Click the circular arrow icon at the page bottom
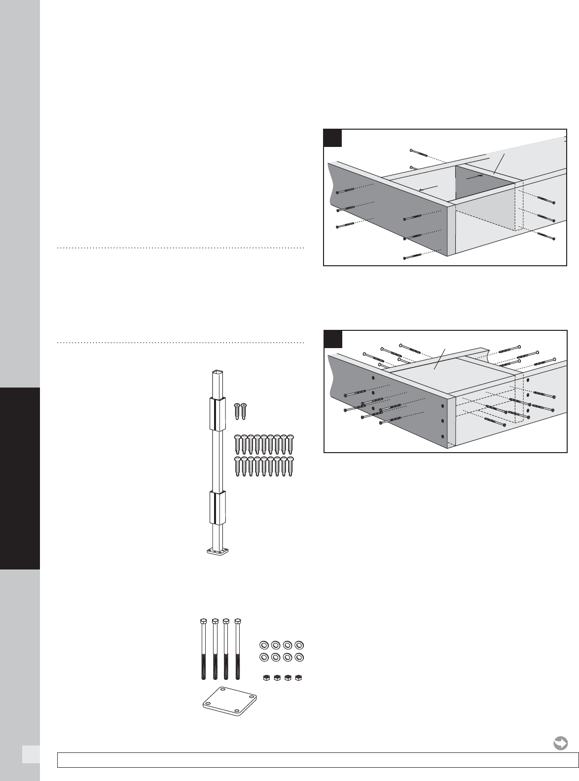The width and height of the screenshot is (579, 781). [x=560, y=743]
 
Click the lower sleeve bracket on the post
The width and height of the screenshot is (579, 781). [x=217, y=507]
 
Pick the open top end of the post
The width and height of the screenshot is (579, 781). [x=217, y=373]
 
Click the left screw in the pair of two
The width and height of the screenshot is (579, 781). [x=237, y=411]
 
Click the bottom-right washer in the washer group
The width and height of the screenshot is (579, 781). [x=298, y=657]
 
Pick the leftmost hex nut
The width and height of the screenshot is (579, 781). [x=266, y=678]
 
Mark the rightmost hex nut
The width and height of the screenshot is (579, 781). [x=298, y=678]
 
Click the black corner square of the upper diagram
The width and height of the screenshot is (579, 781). [x=333, y=138]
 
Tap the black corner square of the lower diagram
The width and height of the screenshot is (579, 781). [x=333, y=338]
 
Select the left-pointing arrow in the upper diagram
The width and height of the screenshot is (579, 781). [x=428, y=188]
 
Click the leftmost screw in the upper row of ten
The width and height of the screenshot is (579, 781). [x=237, y=444]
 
